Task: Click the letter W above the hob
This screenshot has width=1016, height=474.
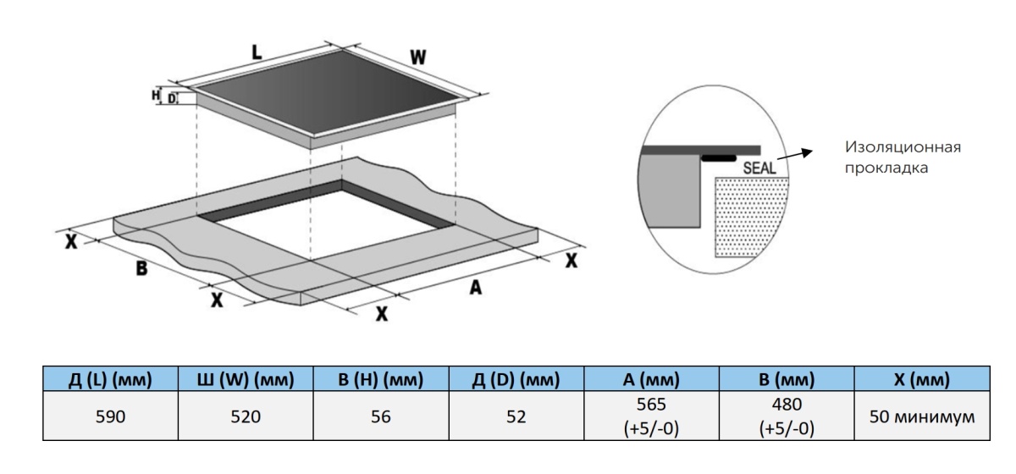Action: pos(417,58)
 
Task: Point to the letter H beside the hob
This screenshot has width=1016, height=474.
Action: pos(156,96)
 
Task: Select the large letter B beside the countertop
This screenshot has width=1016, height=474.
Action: pos(142,270)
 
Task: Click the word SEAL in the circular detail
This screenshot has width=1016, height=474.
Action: pos(759,168)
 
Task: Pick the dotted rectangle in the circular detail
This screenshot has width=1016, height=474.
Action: pos(752,216)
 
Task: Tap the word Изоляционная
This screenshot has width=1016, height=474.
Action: pos(903,148)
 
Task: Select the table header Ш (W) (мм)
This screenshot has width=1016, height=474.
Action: pos(246,380)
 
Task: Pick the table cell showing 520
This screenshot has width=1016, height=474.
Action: pos(246,416)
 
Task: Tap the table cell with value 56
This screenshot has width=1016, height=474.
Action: pos(381,416)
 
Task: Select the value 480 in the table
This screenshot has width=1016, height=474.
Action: pos(787,406)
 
